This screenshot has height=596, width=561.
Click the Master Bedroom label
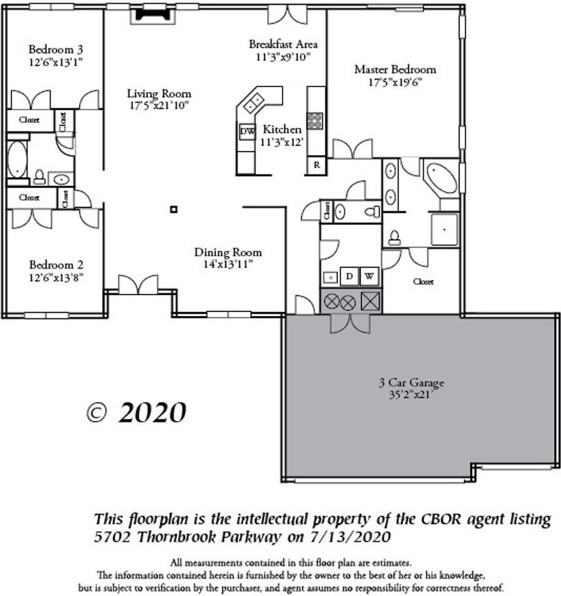(395, 70)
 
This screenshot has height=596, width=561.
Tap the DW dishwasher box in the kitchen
(246, 131)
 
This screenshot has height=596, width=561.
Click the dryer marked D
(349, 276)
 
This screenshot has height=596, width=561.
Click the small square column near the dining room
(174, 209)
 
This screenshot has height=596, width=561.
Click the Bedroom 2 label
(56, 264)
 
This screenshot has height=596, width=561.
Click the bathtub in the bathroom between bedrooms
(17, 159)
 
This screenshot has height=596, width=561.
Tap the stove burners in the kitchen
(315, 120)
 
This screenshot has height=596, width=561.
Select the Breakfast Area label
(283, 44)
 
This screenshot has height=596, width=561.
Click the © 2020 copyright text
(136, 412)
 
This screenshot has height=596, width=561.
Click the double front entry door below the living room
(139, 285)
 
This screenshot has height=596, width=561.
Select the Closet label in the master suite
(423, 282)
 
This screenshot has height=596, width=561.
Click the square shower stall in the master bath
(444, 229)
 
